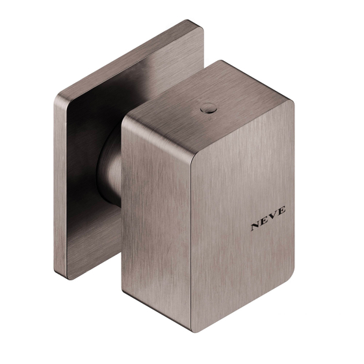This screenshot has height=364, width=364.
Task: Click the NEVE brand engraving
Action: click(x=268, y=218)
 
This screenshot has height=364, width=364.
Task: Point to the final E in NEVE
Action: click(x=281, y=211)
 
